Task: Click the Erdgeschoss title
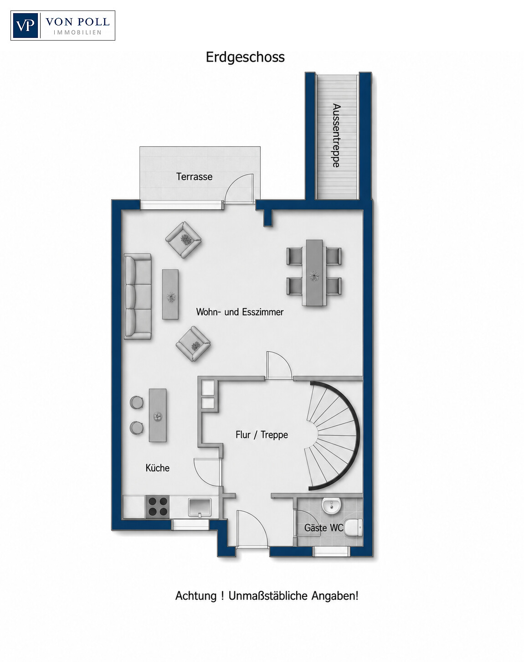tap(245, 57)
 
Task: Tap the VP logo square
tap(25, 26)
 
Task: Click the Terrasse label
tap(194, 176)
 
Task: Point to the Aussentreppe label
tap(337, 136)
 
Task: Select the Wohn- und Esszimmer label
tap(240, 312)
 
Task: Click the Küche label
tap(158, 468)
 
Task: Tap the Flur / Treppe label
tap(262, 434)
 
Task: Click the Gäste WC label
tap(324, 528)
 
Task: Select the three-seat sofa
tap(138, 296)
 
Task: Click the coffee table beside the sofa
tap(170, 295)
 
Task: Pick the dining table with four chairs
tap(314, 273)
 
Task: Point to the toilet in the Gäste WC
tap(353, 528)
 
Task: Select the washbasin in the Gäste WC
tap(331, 506)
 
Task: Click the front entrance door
tap(252, 529)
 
